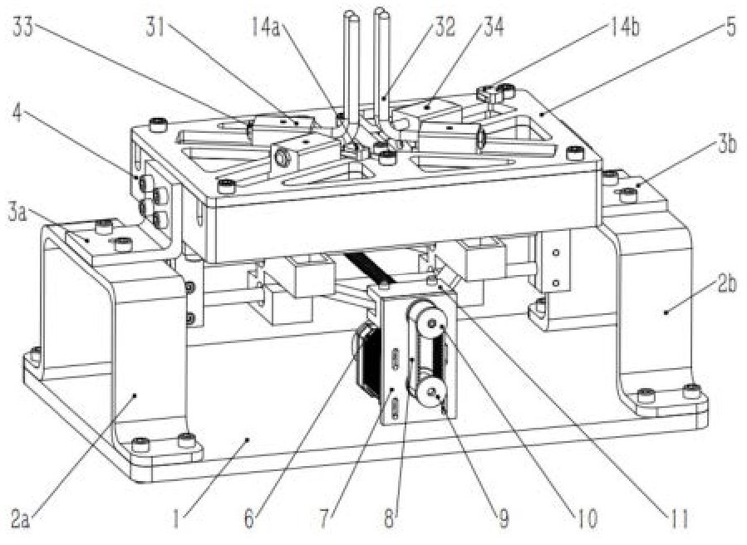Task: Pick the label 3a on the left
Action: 17,214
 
